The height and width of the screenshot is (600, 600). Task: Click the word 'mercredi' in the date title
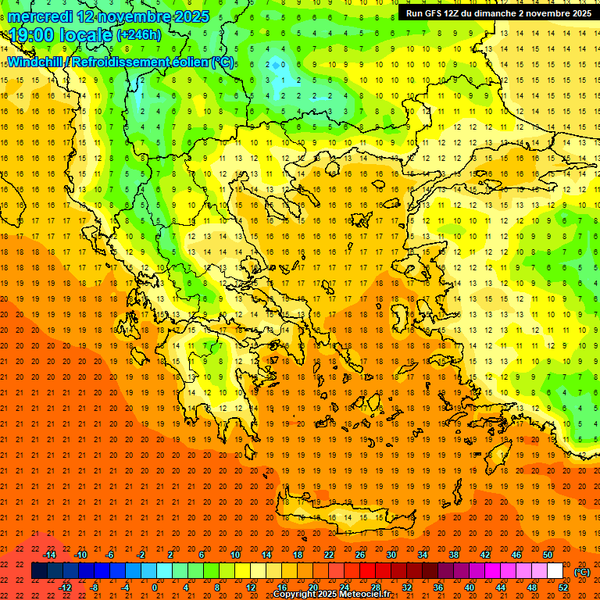click(x=40, y=16)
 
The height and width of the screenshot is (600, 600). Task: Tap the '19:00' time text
click(x=32, y=35)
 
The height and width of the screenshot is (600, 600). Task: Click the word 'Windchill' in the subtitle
click(x=36, y=62)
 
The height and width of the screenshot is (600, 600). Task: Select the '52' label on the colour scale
click(x=563, y=587)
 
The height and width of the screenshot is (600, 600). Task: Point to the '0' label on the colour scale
click(x=155, y=587)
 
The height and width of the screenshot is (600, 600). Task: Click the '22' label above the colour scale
click(x=329, y=555)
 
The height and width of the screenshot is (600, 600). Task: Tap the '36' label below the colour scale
click(x=437, y=587)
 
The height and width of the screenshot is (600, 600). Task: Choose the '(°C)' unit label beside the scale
click(x=581, y=572)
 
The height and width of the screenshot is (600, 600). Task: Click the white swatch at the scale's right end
click(x=555, y=571)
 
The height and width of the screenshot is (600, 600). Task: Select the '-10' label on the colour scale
click(x=80, y=555)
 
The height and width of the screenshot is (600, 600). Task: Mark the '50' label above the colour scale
click(x=548, y=555)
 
